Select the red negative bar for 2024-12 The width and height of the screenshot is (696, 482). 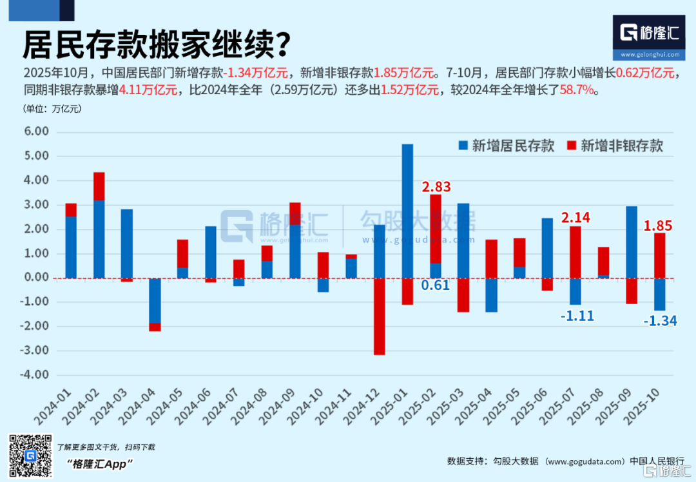pos(379,316)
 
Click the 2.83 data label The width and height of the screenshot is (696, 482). pos(436,187)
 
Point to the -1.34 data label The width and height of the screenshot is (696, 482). pos(660,320)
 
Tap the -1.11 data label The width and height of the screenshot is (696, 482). pos(577,316)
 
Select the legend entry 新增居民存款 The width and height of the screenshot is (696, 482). pos(507,146)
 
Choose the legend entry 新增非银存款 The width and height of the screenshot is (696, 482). pos(615,146)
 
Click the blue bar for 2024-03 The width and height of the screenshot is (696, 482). pos(127,244)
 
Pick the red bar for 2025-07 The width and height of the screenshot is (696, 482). pos(576,252)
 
